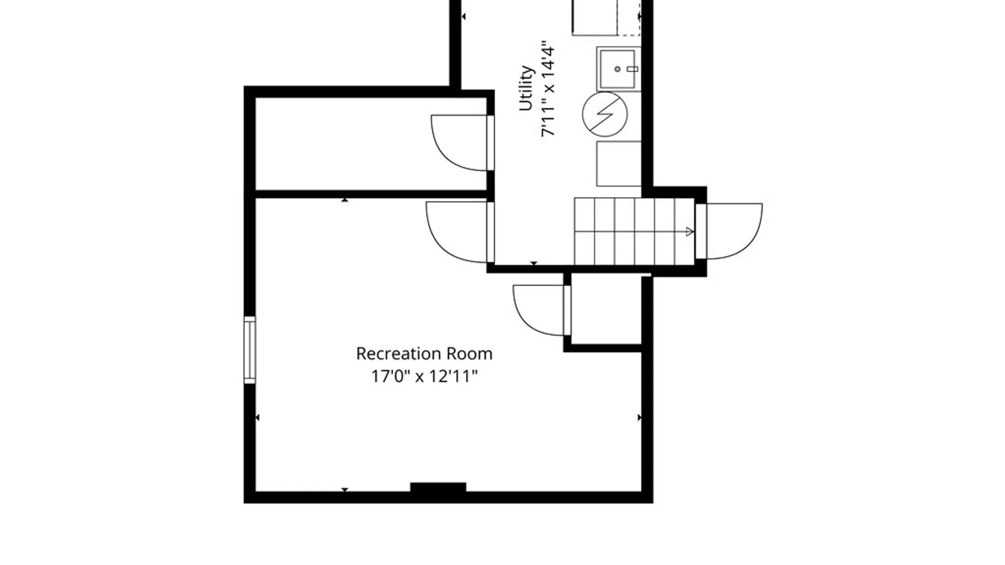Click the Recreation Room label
(424, 354)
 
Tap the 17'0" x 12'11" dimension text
(424, 376)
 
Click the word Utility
(526, 88)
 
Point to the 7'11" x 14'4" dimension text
(548, 89)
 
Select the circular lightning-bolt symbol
(605, 114)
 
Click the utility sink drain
(618, 69)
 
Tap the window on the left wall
(250, 350)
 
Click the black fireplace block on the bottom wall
(438, 488)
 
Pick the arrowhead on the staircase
(690, 231)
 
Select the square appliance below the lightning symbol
(619, 163)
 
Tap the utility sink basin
(618, 69)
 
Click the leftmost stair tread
(584, 231)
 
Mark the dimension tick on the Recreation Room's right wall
(639, 417)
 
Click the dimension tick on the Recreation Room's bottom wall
(344, 490)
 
